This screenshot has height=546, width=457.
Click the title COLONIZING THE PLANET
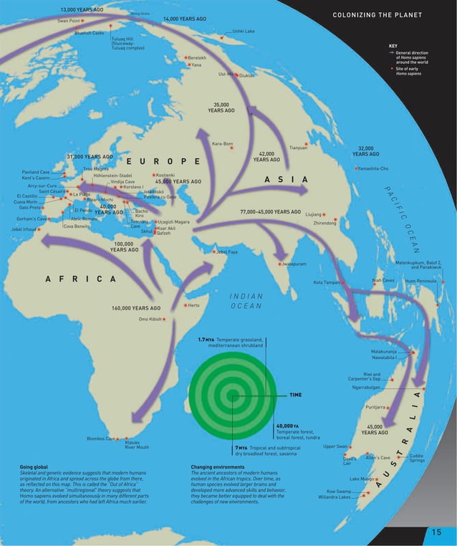377,15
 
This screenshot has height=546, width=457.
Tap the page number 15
436,532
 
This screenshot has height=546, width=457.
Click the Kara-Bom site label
222,144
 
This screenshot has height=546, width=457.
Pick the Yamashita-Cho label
374,168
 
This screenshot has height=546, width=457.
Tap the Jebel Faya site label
226,252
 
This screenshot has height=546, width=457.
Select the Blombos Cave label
100,439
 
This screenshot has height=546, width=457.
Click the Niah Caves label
383,280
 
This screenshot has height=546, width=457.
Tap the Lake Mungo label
362,478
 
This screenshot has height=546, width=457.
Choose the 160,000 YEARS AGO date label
136,308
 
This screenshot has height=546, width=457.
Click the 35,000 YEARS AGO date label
221,107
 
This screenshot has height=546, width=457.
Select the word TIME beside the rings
295,395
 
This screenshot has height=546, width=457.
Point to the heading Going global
34,467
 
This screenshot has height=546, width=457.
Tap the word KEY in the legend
393,46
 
